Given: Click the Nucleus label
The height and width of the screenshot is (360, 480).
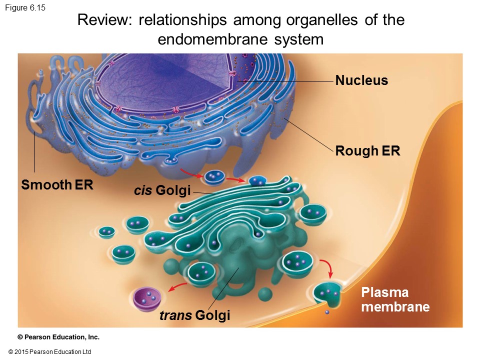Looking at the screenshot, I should [x=361, y=80].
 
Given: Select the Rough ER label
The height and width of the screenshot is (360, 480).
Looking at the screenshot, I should [x=367, y=150].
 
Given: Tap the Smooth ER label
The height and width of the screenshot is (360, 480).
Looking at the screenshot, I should [x=57, y=185].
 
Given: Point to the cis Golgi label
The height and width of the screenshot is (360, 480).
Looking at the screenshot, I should [x=162, y=190].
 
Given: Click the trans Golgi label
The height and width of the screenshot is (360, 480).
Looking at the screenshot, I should [x=194, y=315].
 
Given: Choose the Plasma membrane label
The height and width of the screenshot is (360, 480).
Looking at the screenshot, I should [x=395, y=299].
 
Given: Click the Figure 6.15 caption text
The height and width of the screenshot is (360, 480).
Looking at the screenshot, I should [x=25, y=7].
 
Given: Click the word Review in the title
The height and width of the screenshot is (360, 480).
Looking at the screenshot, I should [x=104, y=20].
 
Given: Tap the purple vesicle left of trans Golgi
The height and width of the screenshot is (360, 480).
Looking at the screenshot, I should [x=148, y=298].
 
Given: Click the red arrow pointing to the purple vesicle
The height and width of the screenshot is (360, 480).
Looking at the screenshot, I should [x=177, y=286].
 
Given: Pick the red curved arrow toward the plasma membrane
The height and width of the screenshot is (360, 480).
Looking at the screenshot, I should [x=328, y=268].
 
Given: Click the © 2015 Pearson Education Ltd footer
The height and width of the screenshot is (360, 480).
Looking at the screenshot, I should [x=49, y=352].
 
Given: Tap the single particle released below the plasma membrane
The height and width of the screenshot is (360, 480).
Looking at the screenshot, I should [x=326, y=312].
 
